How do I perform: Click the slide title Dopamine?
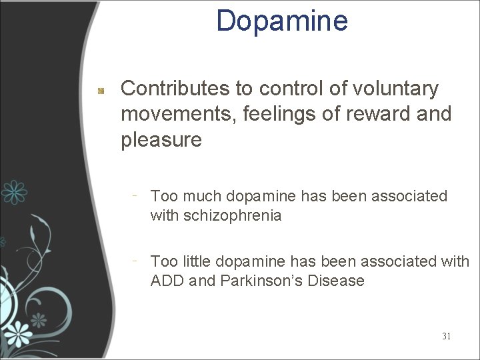282,21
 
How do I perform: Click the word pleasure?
161,140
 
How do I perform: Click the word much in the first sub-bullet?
201,196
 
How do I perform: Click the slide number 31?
446,336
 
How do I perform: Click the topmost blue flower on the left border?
13,192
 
